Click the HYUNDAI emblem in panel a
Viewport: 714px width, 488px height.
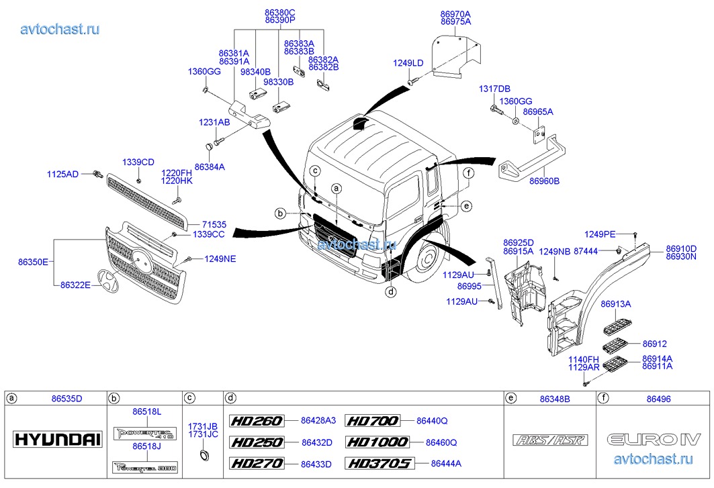click(x=58, y=440)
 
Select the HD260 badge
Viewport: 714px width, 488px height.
click(x=257, y=421)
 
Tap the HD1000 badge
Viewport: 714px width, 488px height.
click(x=377, y=442)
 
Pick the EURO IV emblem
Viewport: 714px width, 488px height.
click(x=654, y=440)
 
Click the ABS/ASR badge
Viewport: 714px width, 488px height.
click(x=550, y=440)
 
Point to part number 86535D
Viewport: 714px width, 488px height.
click(x=66, y=399)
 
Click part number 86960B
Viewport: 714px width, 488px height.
click(x=544, y=181)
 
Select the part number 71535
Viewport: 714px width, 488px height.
click(x=214, y=225)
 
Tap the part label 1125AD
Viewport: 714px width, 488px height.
click(x=62, y=175)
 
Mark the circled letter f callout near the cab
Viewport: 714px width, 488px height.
click(x=468, y=173)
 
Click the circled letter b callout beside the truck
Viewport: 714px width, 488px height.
click(x=280, y=213)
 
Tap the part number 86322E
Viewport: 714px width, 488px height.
click(x=76, y=285)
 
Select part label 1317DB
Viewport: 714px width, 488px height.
click(x=494, y=89)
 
